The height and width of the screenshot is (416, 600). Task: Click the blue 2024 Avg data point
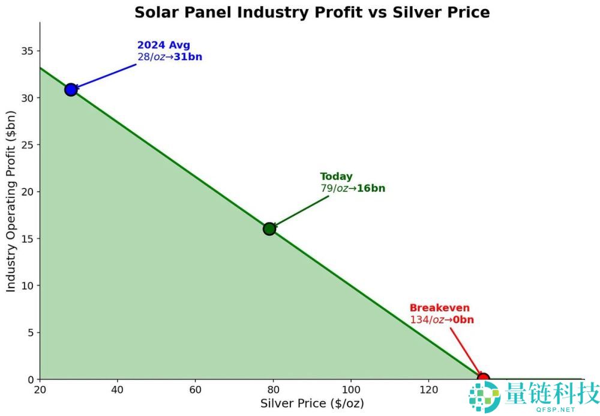[x=71, y=90]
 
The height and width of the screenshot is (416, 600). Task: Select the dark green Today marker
[x=269, y=229]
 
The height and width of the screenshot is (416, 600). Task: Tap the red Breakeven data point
[x=483, y=379]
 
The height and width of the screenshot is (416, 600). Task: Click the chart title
[x=312, y=12]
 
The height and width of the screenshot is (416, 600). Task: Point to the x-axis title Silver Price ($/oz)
[x=312, y=403]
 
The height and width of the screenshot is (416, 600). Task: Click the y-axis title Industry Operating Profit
[x=11, y=201]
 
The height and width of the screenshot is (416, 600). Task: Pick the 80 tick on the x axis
[x=273, y=390]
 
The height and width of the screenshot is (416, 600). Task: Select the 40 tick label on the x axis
[x=118, y=390]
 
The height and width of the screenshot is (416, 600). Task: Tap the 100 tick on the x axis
[x=351, y=390]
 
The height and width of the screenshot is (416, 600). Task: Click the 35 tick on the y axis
[x=28, y=51]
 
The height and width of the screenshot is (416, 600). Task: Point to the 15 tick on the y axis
[x=28, y=238]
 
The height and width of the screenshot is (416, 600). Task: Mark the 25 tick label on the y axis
[x=28, y=145]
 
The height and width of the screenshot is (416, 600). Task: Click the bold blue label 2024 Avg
[x=164, y=45]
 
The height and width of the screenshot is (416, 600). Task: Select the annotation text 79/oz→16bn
[x=353, y=188]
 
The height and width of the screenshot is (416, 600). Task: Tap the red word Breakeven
[x=440, y=308]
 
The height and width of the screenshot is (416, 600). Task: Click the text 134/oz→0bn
[x=442, y=319]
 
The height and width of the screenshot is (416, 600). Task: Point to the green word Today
[x=337, y=176]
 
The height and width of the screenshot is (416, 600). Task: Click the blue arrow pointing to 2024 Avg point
[x=104, y=77]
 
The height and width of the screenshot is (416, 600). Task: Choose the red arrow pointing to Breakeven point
[x=466, y=352]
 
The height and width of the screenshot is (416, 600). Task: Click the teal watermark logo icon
[x=485, y=396]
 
